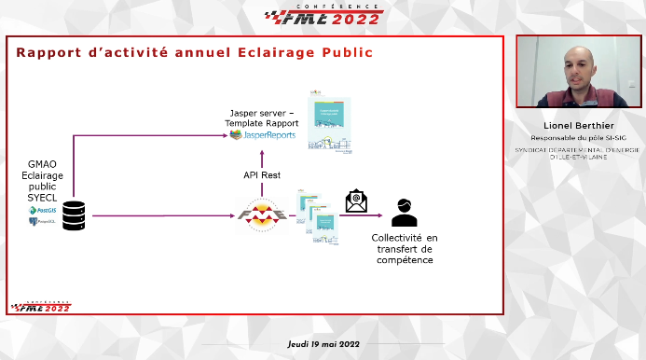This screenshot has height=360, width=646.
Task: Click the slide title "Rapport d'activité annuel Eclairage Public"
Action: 194,52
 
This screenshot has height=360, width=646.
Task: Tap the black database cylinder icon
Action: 75,215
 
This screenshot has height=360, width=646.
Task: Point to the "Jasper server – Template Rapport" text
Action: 264,118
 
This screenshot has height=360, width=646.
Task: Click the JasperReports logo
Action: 264,135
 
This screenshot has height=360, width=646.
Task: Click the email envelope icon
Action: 355,201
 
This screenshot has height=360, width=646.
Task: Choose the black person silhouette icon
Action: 404,214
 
